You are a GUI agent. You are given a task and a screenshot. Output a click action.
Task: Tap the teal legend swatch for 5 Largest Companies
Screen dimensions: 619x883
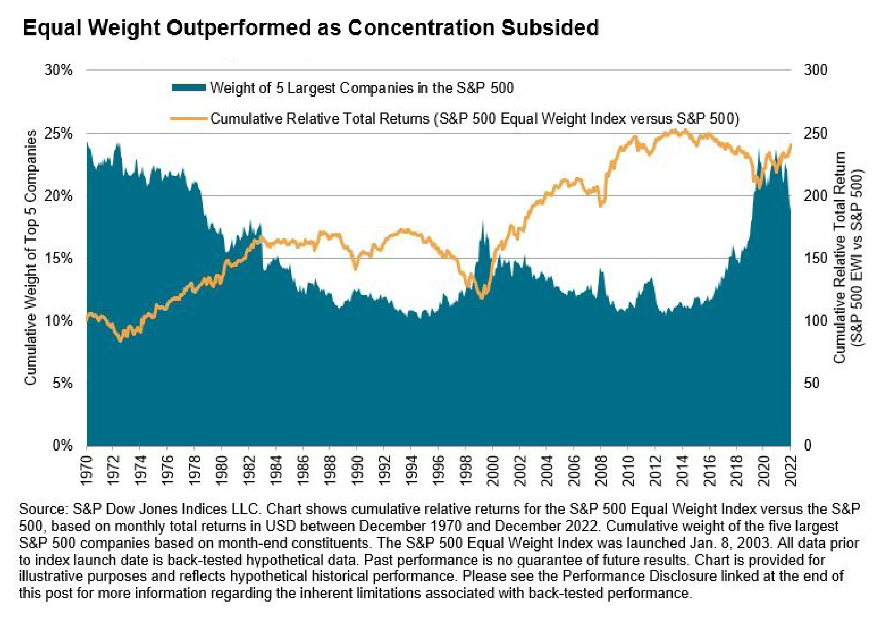189,88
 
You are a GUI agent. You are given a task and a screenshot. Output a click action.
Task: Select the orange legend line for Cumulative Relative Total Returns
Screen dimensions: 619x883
189,119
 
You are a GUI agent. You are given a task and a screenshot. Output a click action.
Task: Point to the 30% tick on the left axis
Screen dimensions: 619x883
59,70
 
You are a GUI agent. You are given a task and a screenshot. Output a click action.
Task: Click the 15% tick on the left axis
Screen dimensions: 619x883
59,258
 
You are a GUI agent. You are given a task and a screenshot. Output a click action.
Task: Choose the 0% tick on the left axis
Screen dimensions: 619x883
62,446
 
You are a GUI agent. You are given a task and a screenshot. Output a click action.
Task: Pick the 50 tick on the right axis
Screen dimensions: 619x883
811,383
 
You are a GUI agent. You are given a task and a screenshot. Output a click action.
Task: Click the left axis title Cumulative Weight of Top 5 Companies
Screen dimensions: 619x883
31,258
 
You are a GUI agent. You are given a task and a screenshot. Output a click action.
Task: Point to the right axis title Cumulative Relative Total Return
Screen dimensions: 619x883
839,258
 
